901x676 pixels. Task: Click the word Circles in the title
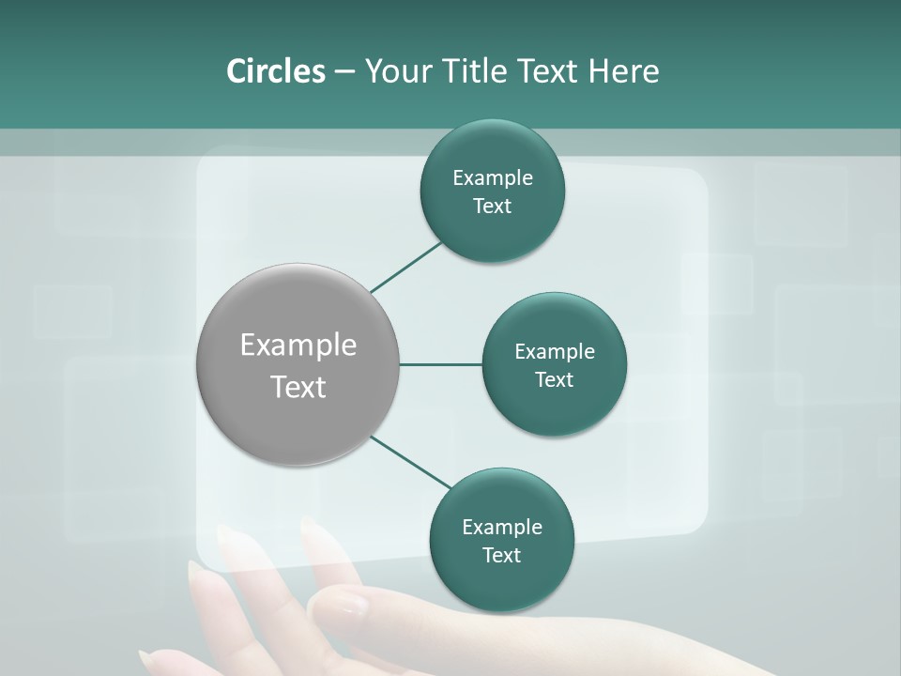(x=275, y=71)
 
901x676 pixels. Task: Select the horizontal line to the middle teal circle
(x=440, y=364)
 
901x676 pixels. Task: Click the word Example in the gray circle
(x=298, y=346)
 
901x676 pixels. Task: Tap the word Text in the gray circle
(x=298, y=387)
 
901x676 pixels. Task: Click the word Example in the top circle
(x=492, y=178)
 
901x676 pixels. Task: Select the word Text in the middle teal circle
(x=554, y=380)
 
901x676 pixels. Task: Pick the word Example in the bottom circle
(x=501, y=528)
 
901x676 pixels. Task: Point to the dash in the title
(x=344, y=72)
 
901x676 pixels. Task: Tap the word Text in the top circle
(x=492, y=207)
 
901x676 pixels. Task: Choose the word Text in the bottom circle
(x=501, y=556)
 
